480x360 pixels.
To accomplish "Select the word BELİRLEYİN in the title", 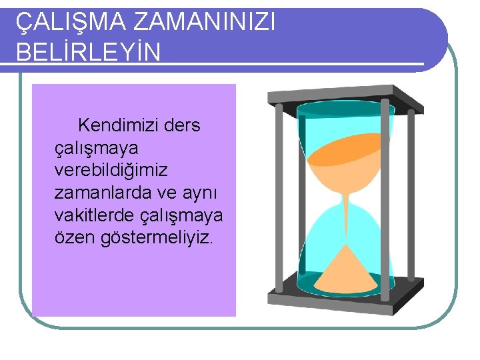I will tap(88, 52).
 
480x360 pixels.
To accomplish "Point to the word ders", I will tap(182, 125).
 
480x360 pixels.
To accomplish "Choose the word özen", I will tap(74, 239).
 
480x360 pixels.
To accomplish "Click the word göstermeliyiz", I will tap(156, 239).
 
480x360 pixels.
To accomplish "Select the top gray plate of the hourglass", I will tap(345, 95).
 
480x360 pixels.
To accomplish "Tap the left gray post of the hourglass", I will tap(279, 200).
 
